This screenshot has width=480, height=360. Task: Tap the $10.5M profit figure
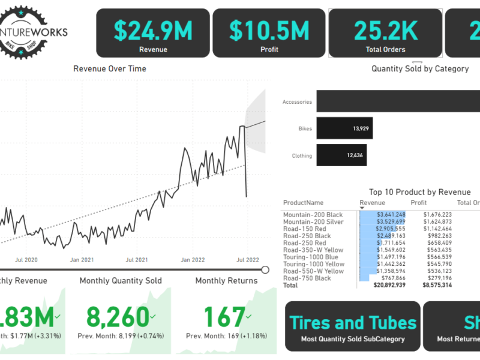point(269,30)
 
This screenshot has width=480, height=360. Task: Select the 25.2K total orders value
point(385,30)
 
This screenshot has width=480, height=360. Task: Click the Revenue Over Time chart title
point(110,68)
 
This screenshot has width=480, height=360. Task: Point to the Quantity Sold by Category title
point(420,68)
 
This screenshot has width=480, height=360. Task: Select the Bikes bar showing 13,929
point(341,128)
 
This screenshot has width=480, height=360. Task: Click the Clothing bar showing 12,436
point(341,155)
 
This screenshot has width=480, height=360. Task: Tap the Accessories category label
point(297,102)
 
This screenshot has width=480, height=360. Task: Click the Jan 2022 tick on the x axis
point(193,260)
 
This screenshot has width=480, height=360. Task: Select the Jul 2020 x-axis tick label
point(26,260)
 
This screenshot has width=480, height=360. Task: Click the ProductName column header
point(303,203)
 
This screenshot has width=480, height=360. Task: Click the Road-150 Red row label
point(305,229)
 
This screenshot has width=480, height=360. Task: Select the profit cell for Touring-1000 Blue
point(439,257)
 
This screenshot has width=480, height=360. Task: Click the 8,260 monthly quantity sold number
point(117,316)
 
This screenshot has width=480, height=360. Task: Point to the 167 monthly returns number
point(224,316)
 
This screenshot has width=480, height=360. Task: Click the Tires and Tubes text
point(353,323)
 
